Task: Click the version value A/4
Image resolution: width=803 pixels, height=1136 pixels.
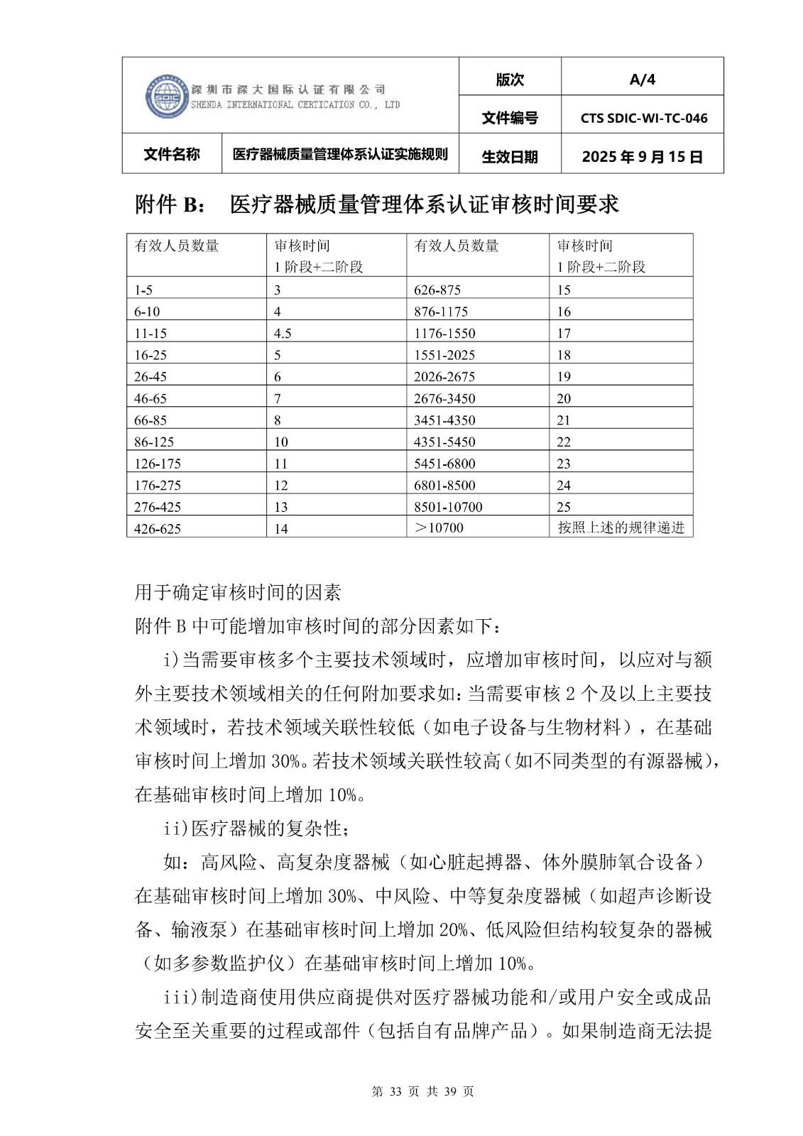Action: [642, 80]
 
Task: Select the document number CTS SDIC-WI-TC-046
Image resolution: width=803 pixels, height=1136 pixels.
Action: [643, 119]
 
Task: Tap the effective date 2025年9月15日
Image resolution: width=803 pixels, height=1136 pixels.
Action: [642, 157]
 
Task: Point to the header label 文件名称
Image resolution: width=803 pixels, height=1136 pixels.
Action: [172, 155]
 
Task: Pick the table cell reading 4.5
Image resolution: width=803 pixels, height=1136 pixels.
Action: [283, 334]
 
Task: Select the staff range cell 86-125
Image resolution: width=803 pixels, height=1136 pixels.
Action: [154, 442]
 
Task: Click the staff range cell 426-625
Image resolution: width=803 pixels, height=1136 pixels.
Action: [157, 529]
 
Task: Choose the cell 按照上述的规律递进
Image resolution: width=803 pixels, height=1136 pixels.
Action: [621, 528]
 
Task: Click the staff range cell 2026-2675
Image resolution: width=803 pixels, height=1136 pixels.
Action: [444, 377]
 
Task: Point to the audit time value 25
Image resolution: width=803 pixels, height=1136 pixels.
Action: [564, 507]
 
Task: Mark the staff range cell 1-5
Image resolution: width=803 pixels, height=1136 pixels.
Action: [143, 290]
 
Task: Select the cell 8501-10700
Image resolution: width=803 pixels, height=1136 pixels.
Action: [448, 507]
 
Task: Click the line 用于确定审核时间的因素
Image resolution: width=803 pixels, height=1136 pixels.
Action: [238, 592]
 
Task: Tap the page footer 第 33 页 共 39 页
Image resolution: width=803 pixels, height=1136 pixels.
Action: [422, 1091]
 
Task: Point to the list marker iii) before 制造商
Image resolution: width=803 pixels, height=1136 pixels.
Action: [181, 997]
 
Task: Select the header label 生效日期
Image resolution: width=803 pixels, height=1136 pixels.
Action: [509, 157]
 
